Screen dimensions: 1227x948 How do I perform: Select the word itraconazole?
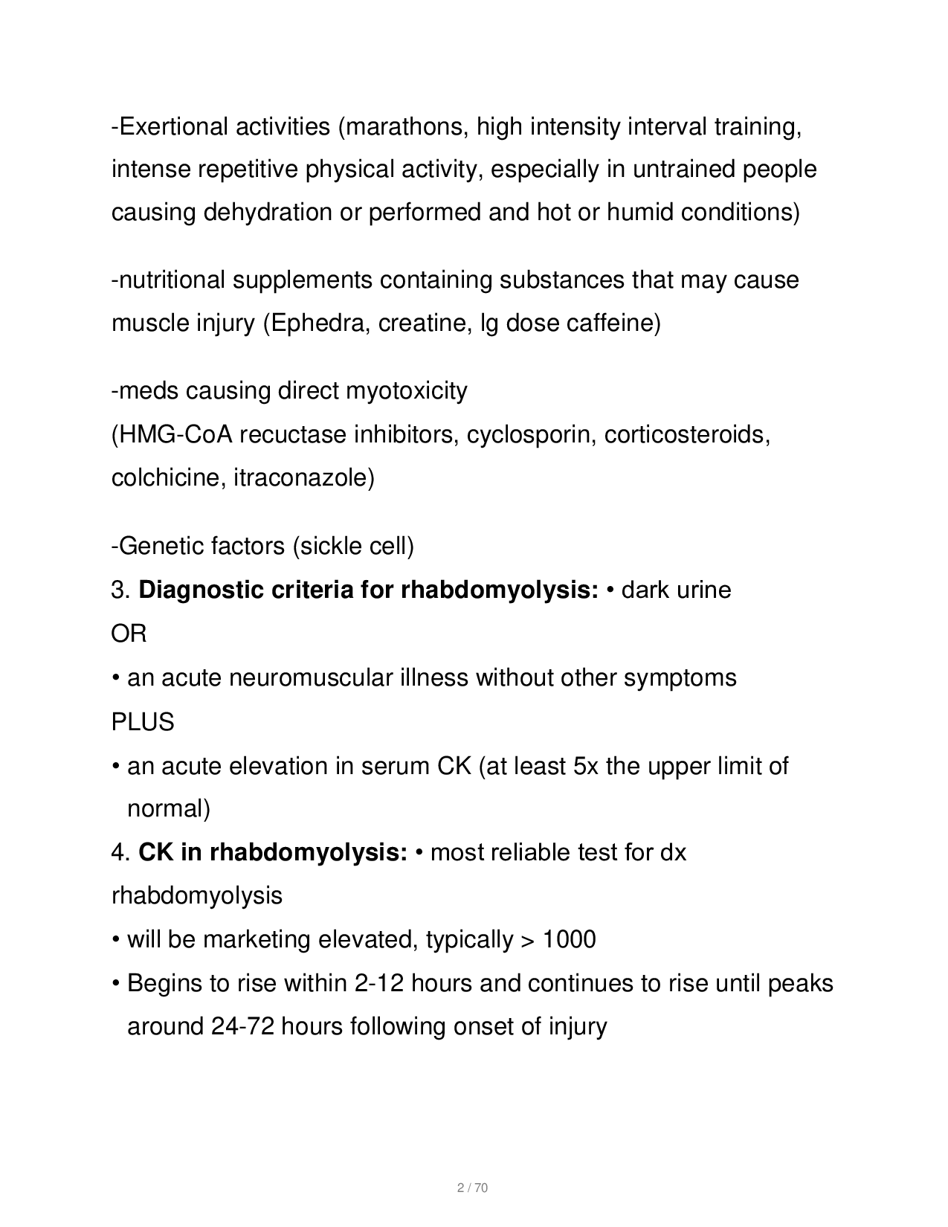point(300,477)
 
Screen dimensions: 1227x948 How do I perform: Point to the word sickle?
point(331,547)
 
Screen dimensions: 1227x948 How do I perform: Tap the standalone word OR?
point(129,634)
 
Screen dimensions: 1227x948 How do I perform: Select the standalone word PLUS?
point(143,722)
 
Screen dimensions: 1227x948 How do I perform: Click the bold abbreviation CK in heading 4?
point(155,852)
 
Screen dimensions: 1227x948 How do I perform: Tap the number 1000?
point(569,940)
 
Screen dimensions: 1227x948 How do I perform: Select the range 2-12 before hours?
point(379,983)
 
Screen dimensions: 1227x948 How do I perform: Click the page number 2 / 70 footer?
point(472,1188)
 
